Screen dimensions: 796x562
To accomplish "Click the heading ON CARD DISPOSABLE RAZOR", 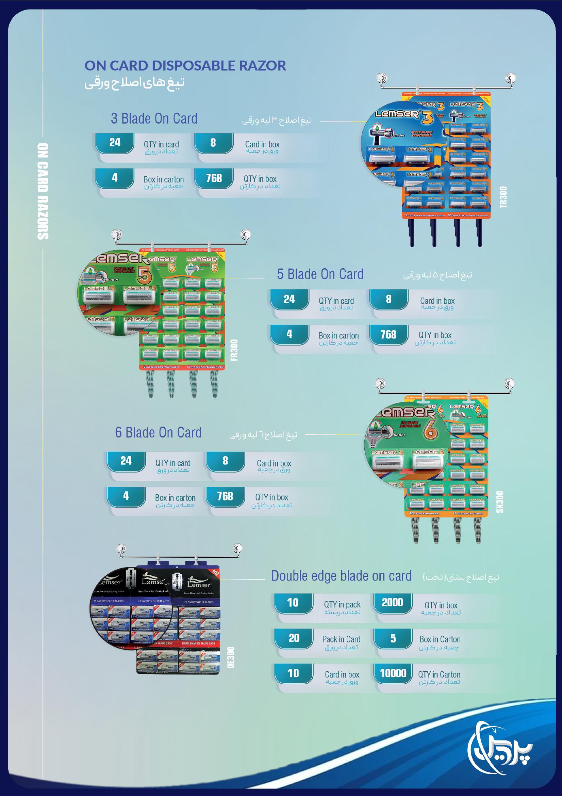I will click(185, 65).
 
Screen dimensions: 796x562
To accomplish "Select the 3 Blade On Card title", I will click(154, 119).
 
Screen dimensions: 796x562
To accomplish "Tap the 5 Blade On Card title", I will click(320, 274).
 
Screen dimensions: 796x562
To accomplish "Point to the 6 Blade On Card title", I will click(158, 433).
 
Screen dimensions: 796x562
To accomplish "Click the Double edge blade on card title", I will click(341, 576).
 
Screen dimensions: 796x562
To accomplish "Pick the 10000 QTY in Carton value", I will click(393, 673).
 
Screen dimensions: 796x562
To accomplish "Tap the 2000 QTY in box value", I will click(392, 603).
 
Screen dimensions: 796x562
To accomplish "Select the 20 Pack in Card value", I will click(294, 638).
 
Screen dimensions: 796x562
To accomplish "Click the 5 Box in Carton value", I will click(393, 638).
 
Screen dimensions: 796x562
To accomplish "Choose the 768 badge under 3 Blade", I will click(214, 178).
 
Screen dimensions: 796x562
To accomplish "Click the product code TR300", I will click(503, 197).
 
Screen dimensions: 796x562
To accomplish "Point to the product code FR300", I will click(234, 350).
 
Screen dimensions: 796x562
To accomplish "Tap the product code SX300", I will click(500, 502).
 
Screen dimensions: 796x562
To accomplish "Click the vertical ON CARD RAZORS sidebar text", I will click(43, 191).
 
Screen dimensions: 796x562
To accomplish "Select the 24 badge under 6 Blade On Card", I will click(126, 461).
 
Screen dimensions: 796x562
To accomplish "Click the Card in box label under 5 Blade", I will click(437, 301).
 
